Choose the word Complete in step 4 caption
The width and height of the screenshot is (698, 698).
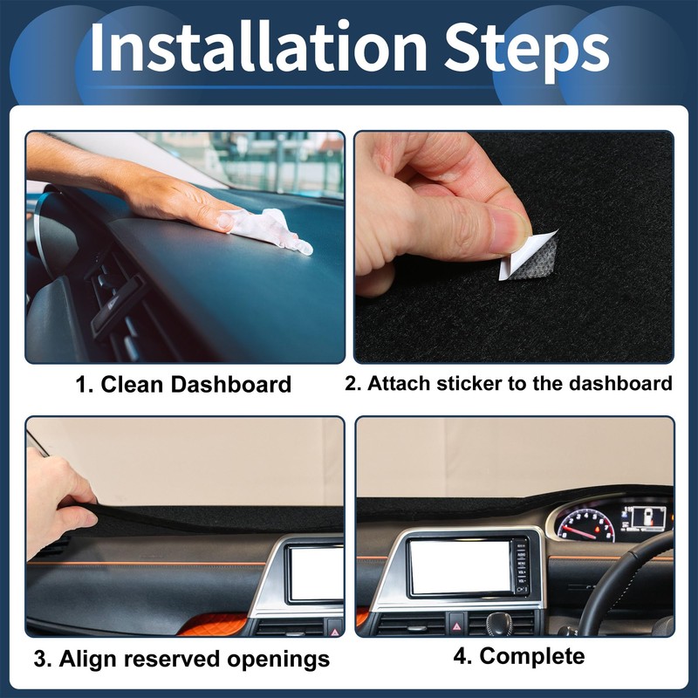[531, 655]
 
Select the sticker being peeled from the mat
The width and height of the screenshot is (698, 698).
[530, 256]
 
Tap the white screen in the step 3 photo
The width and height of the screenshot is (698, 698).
[316, 573]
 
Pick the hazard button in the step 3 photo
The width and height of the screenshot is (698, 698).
[334, 626]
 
